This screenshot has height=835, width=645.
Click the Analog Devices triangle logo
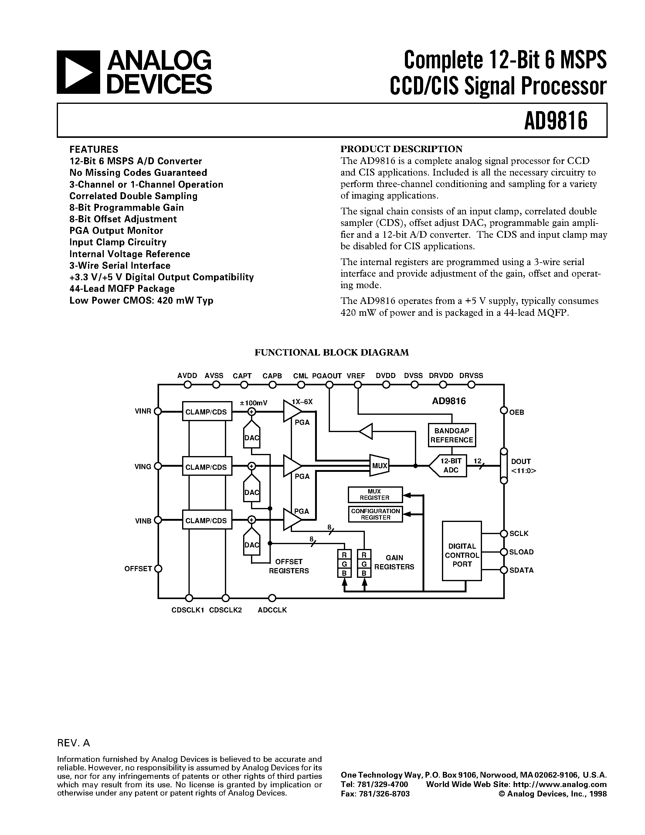pos(78,72)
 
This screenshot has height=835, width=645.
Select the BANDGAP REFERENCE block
pos(452,435)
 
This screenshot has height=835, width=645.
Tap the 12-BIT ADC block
pos(450,466)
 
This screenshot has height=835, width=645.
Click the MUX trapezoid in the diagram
pos(379,466)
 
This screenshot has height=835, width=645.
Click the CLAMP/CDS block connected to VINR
pos(206,412)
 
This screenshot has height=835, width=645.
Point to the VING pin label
pos(143,466)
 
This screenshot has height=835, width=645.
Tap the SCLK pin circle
pos(504,533)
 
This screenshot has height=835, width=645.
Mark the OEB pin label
pos(517,412)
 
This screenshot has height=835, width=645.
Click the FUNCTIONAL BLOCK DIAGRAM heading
pos(332,352)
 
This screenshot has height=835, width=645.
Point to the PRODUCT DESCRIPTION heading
pos(401,149)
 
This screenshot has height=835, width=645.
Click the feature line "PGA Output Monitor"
pos(116,230)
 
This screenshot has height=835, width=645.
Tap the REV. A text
pos(73,743)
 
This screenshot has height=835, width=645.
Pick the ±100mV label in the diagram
pos(253,403)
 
